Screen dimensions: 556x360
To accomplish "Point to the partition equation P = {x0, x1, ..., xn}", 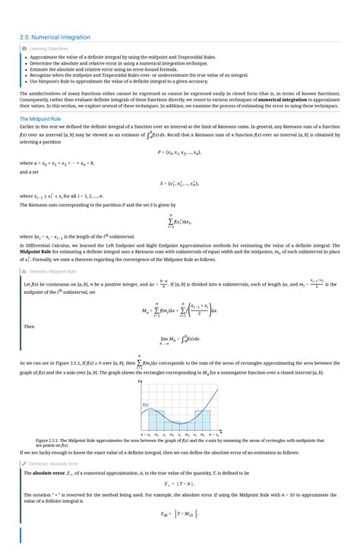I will click(179, 152).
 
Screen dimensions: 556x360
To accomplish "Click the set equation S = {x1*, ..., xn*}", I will click(179, 183).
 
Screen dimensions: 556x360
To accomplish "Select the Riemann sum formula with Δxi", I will click(179, 221).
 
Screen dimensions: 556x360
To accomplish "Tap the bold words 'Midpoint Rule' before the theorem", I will click(36, 252).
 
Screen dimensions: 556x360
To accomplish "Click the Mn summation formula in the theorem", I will click(179, 311).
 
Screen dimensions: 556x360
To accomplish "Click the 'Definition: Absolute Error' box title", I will click(52, 463).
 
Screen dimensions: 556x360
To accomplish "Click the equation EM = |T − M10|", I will click(179, 514).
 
